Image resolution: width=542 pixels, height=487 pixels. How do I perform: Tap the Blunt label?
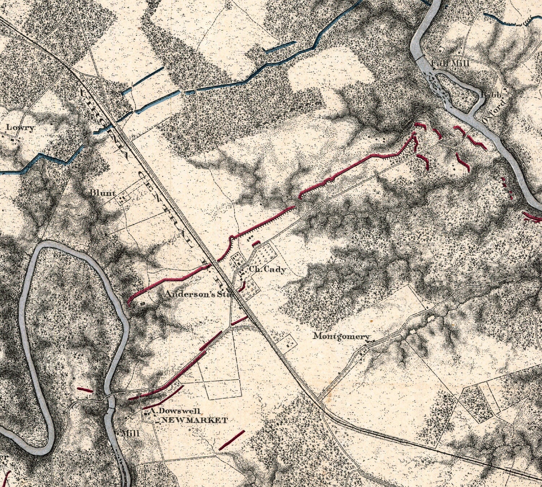(x=103, y=193)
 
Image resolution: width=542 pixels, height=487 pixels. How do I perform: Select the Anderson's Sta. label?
(x=198, y=294)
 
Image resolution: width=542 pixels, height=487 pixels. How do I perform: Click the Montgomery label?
(x=341, y=336)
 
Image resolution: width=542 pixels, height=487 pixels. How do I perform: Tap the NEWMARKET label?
(x=194, y=420)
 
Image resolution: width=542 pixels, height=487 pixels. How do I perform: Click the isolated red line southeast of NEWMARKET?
(x=232, y=440)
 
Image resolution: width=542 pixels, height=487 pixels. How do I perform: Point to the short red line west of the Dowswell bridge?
(x=85, y=390)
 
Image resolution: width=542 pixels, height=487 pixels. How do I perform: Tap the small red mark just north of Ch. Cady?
(x=256, y=243)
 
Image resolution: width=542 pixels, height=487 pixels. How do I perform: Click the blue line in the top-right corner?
(x=506, y=20)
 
